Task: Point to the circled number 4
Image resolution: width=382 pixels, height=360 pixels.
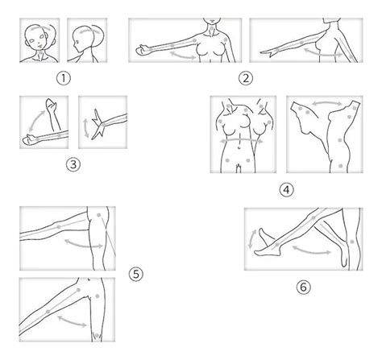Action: [x=284, y=192]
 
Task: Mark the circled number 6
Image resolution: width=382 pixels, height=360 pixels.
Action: [x=303, y=285]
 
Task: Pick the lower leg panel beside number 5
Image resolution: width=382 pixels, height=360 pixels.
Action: [x=66, y=310]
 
